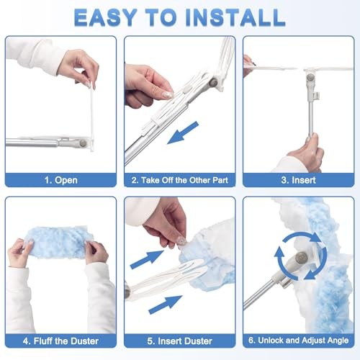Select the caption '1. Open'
[60, 179]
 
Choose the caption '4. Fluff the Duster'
[60, 340]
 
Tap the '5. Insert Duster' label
[179, 340]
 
